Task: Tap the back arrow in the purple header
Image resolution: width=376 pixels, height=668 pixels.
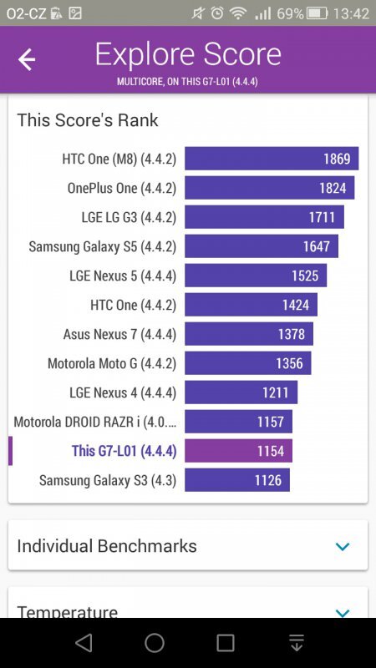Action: [27, 59]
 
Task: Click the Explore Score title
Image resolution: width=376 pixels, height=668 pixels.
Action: [188, 54]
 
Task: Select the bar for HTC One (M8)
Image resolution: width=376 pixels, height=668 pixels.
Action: [272, 159]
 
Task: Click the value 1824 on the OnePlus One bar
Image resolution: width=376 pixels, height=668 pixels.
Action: [333, 188]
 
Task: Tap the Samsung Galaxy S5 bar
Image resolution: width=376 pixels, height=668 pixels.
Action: [261, 246]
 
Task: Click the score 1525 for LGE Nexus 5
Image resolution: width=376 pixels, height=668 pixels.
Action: [305, 276]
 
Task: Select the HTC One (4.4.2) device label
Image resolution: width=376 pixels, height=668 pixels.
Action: [133, 305]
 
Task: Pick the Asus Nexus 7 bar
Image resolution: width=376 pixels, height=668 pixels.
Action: [249, 334]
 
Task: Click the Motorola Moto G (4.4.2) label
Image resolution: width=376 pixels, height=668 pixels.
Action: [112, 363]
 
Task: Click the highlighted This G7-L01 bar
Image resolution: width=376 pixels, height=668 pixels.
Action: [238, 451]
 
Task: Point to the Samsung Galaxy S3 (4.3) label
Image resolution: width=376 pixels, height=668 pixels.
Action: [108, 480]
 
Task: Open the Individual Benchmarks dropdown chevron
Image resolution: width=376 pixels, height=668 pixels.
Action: [342, 546]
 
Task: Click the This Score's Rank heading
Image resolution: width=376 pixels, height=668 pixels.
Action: [88, 120]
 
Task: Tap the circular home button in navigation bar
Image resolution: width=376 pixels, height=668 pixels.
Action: [155, 642]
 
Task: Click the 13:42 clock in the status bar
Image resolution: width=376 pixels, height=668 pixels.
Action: [351, 13]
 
